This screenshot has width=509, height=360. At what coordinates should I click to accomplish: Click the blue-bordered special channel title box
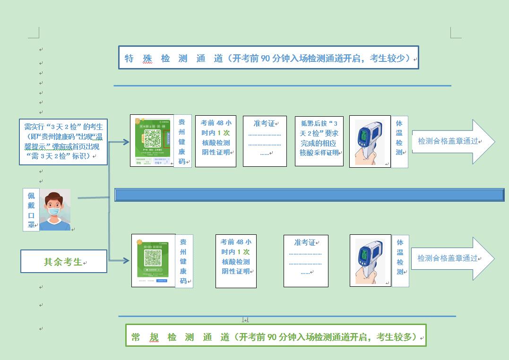(268, 58)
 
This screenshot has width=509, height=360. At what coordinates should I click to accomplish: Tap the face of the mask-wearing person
(55, 208)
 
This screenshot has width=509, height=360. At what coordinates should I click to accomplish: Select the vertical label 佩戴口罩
(31, 210)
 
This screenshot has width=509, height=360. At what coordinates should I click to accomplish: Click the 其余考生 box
(64, 261)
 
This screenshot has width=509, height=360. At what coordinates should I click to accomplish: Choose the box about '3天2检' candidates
(63, 141)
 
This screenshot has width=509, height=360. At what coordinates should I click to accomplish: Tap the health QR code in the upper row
(152, 141)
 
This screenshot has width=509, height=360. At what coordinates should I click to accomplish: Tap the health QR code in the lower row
(153, 260)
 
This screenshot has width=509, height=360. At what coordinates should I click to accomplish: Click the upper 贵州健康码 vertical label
(182, 141)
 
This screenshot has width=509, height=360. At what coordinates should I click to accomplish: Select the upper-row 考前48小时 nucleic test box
(216, 141)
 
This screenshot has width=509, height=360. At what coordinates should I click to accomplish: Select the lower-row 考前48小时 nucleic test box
(236, 261)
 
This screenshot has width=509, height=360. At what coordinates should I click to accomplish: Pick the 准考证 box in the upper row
(265, 141)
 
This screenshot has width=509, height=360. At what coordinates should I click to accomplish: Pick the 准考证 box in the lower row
(305, 261)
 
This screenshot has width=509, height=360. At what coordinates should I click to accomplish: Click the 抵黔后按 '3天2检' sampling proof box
(319, 141)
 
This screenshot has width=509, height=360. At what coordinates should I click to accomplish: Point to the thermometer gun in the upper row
(370, 141)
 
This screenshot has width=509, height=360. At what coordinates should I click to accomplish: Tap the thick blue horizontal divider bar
(309, 195)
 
